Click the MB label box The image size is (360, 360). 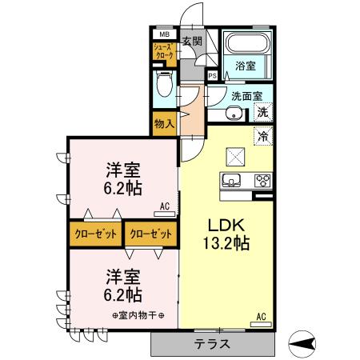point(164,35)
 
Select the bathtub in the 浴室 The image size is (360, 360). point(246,46)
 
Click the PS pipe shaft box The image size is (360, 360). point(212,76)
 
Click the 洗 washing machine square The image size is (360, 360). point(262,113)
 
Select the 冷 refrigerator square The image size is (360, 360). point(262,136)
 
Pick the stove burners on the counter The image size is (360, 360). point(262,180)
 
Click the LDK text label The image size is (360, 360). point(226,223)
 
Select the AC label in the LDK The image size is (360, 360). point(261,315)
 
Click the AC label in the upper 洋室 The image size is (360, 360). point(165,206)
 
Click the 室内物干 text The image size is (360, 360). point(138,314)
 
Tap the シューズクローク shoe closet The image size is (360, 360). point(163,52)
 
